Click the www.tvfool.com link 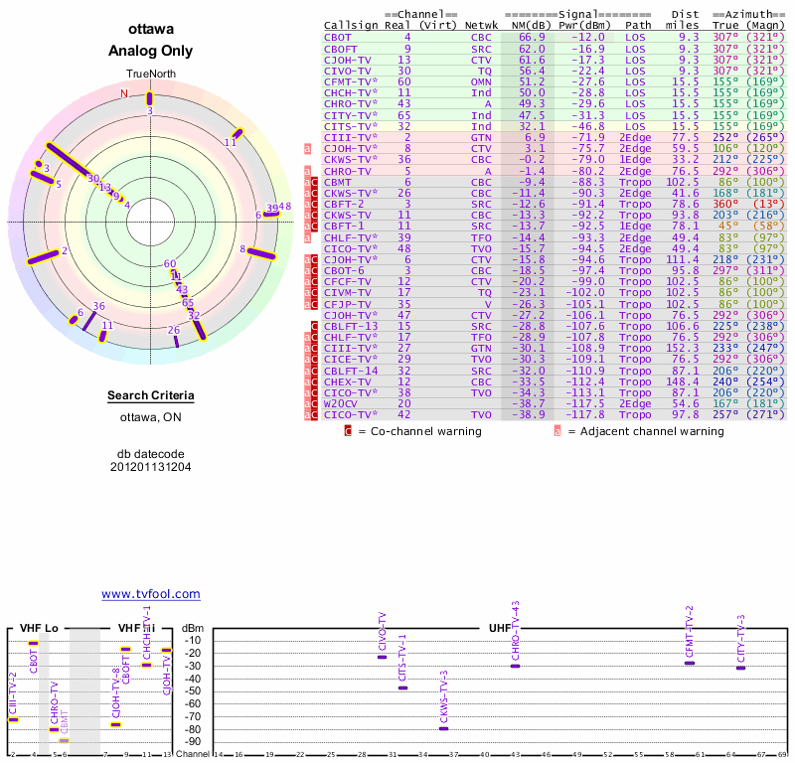point(151,594)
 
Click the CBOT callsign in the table point(340,36)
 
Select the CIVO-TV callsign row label point(347,71)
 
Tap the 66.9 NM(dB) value point(532,36)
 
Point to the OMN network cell point(481,81)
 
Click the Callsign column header point(352,24)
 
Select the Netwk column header point(481,24)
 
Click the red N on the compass point(124,93)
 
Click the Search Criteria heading point(151,396)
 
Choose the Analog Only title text point(151,51)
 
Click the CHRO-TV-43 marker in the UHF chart point(515,666)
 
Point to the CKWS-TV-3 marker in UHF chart point(443,728)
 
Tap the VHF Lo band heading point(39,628)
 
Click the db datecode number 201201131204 point(151,466)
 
